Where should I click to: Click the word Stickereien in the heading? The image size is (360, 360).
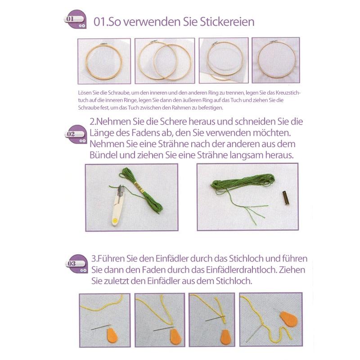click(227, 22)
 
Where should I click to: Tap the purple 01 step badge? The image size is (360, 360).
click(75, 19)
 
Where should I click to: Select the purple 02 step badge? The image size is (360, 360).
click(76, 135)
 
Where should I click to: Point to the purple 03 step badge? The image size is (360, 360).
click(76, 264)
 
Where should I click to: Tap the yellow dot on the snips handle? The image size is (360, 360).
click(115, 221)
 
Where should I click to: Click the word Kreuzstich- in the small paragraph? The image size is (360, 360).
click(288, 93)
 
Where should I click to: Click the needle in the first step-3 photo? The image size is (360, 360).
click(101, 327)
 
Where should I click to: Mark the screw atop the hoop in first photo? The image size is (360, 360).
click(104, 44)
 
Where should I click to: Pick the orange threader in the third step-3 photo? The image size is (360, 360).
click(226, 337)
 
